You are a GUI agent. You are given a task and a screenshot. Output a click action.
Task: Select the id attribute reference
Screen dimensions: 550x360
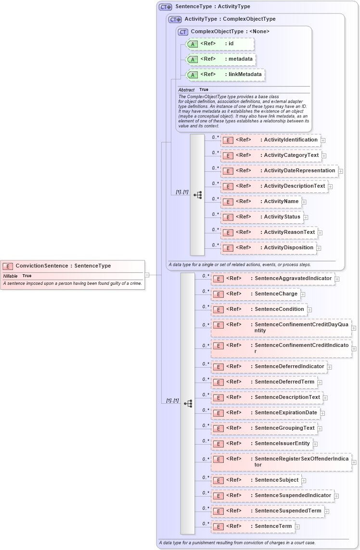point(219,44)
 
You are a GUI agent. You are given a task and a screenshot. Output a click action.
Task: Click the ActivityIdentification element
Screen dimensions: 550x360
point(270,140)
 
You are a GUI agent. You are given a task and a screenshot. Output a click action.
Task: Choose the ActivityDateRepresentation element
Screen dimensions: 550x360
point(279,171)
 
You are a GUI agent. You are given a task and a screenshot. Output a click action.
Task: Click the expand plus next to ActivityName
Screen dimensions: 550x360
point(304,202)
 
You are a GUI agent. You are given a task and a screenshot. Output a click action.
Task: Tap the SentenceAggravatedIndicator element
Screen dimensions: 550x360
point(272,279)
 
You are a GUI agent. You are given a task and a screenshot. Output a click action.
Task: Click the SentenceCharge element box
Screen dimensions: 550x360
point(256,294)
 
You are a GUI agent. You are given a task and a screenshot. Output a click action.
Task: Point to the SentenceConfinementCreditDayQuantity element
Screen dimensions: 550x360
point(281,328)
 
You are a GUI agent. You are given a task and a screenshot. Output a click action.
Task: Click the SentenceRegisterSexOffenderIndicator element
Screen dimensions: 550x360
point(281,462)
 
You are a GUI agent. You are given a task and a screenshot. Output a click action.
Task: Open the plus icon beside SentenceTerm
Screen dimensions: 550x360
point(297,527)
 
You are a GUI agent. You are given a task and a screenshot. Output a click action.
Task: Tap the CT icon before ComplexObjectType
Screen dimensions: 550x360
point(183,32)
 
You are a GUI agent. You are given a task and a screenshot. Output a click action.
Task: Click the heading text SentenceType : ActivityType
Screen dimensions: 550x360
point(213,7)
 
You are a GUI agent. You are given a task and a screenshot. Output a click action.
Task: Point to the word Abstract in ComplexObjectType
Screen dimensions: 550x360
point(186,90)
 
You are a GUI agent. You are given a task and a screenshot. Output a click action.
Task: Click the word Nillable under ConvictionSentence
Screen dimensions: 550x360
point(11,276)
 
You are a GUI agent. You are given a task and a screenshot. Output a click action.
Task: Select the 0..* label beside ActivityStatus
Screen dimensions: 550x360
point(215,214)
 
